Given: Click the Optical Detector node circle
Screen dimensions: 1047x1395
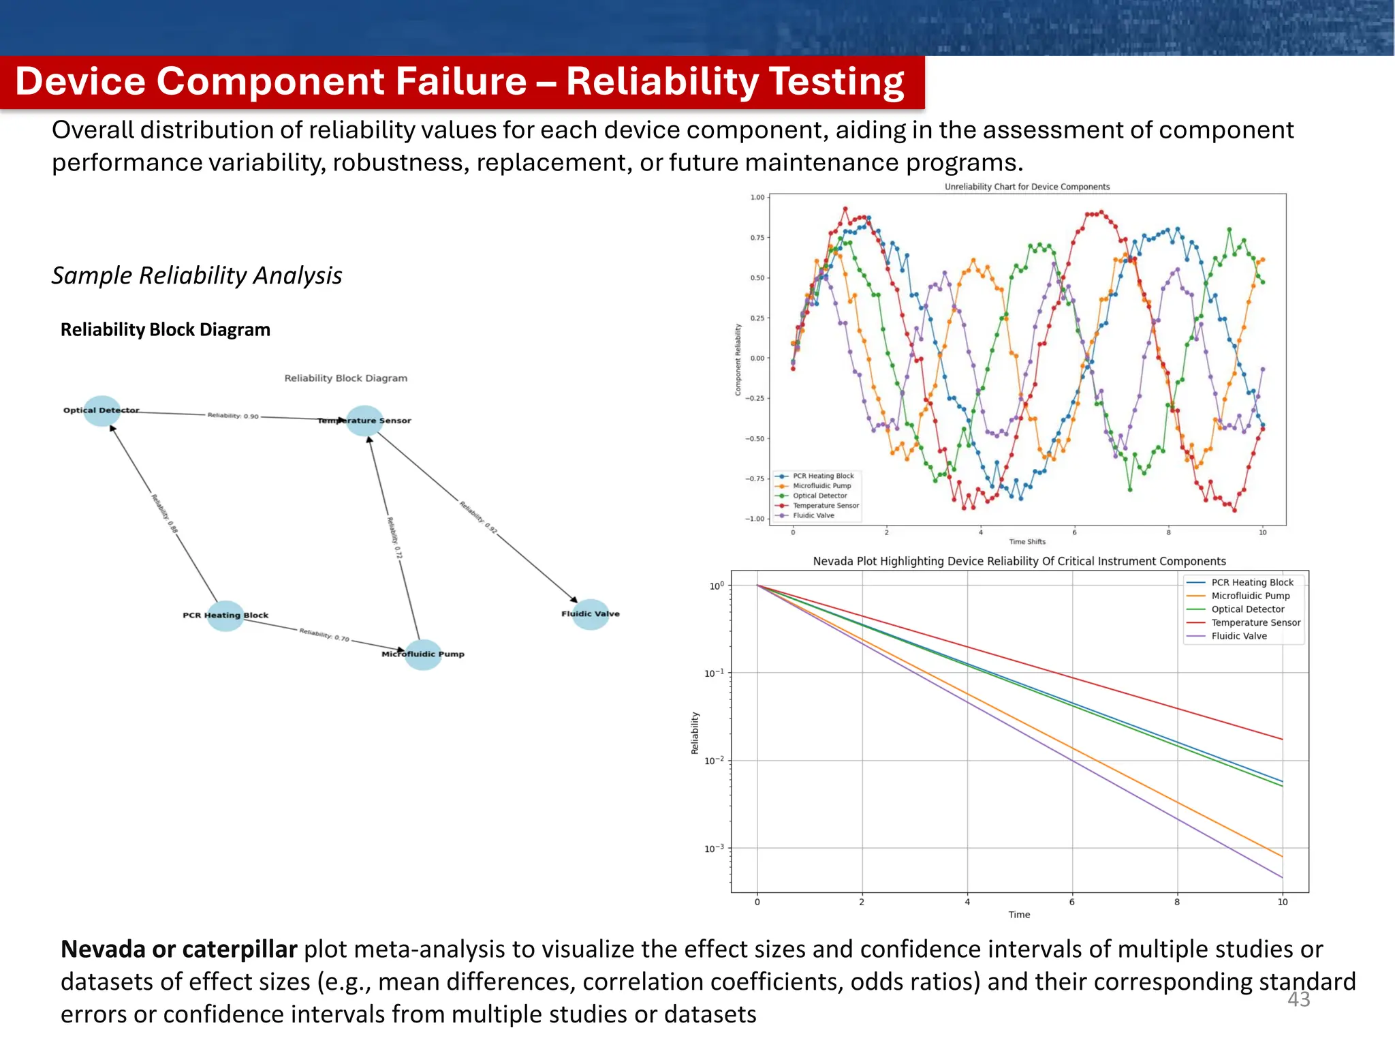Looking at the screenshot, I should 102,411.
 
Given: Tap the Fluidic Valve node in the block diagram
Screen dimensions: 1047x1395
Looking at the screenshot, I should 591,614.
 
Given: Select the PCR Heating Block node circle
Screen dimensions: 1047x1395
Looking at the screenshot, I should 225,616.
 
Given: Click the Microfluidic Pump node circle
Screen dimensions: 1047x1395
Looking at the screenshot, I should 423,654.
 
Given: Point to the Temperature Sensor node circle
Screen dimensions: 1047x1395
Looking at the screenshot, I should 364,421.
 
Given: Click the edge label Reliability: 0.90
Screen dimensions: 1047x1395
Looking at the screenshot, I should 233,416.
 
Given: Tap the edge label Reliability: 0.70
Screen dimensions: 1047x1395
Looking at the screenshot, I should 324,635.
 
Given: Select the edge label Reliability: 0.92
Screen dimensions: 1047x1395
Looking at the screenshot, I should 478,517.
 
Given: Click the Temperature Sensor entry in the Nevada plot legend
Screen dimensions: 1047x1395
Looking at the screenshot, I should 1255,622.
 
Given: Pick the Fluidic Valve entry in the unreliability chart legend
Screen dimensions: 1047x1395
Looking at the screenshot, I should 813,515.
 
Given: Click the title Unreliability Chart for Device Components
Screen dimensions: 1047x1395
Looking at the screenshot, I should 1026,187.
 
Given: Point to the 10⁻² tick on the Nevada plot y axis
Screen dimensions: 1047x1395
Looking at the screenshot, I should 715,761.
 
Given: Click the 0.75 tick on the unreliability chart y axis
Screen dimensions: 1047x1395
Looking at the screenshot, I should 757,238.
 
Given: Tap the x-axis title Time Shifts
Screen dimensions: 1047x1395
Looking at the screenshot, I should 1026,542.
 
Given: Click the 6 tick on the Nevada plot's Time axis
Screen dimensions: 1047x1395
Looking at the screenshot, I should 1071,902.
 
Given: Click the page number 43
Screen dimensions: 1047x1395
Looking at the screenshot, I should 1298,999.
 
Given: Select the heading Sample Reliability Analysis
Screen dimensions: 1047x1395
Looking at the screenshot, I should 197,275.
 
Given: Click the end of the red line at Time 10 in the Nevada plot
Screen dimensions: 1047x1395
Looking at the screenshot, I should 1282,739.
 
